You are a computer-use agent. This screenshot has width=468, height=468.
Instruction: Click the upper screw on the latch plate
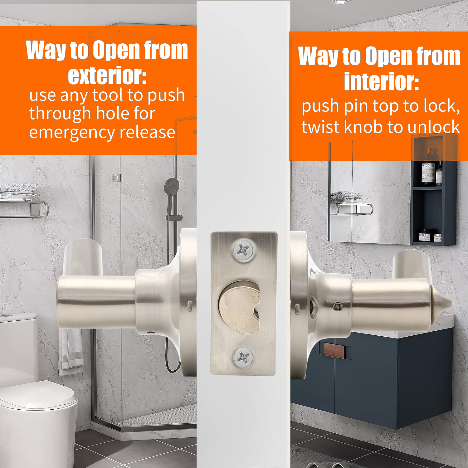pyautogui.click(x=244, y=250)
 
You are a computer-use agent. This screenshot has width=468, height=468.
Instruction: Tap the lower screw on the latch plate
pyautogui.click(x=243, y=358)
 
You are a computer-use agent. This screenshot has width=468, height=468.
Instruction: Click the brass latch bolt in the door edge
pyautogui.click(x=239, y=307)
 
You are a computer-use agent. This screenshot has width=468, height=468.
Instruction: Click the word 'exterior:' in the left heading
pyautogui.click(x=107, y=76)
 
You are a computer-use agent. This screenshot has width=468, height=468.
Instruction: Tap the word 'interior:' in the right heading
pyautogui.click(x=381, y=82)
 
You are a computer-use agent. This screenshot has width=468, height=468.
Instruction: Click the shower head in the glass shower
pyautogui.click(x=172, y=186)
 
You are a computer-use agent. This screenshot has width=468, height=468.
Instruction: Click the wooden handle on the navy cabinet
pyautogui.click(x=334, y=351)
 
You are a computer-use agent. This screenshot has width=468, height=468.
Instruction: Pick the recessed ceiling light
pyautogui.click(x=340, y=2)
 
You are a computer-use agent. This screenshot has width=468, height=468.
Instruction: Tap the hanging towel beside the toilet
pyautogui.click(x=71, y=351)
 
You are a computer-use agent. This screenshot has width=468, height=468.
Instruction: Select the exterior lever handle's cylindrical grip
pyautogui.click(x=97, y=302)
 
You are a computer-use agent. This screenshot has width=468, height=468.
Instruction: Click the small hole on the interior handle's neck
pyautogui.click(x=337, y=307)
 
